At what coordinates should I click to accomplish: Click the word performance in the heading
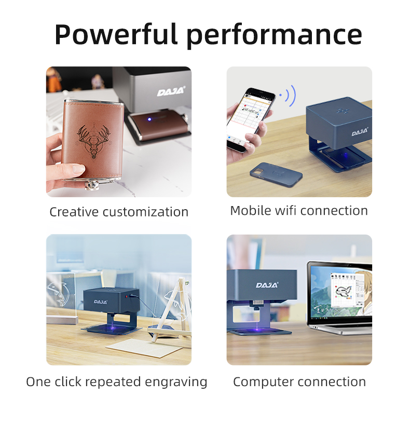[x=274, y=35]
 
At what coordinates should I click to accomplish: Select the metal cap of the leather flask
[x=93, y=185]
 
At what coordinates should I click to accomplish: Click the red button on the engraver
[x=126, y=296]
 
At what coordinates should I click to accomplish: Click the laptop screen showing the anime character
[x=341, y=292]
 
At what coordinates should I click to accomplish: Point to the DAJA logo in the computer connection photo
[x=267, y=285]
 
